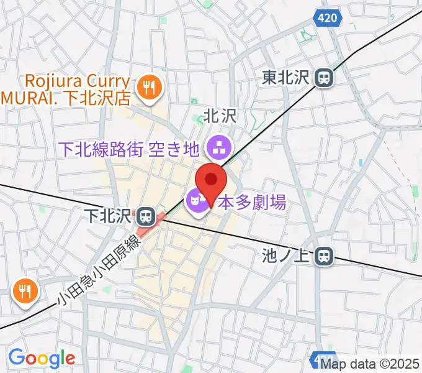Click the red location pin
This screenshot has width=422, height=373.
pyautogui.click(x=212, y=181)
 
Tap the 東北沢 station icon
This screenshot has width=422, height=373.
pyautogui.click(x=323, y=78)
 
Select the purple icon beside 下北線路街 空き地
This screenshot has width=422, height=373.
pyautogui.click(x=218, y=148)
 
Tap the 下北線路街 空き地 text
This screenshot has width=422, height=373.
pyautogui.click(x=128, y=149)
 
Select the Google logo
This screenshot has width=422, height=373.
pyautogui.click(x=41, y=357)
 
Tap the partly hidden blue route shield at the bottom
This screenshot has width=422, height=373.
pyautogui.click(x=317, y=359)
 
